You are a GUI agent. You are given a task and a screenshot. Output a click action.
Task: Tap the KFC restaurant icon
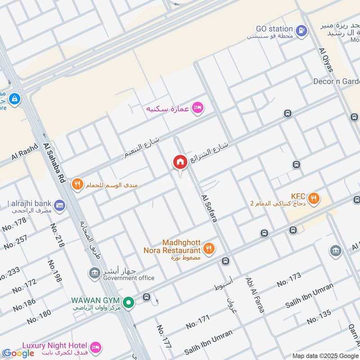pyautogui.click(x=314, y=198)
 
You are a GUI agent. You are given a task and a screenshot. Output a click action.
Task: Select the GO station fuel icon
pyautogui.click(x=302, y=31)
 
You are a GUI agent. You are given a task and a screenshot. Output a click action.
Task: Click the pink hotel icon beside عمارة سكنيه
pyautogui.click(x=197, y=108)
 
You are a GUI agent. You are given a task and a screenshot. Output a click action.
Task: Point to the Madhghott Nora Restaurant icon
pyautogui.click(x=208, y=248)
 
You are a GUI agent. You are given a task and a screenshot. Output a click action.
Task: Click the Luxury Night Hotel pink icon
pyautogui.click(x=95, y=347)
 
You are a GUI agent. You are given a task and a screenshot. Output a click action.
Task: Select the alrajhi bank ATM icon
pyautogui.click(x=61, y=206)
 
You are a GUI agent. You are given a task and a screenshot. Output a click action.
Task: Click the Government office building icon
pyautogui.click(x=94, y=273)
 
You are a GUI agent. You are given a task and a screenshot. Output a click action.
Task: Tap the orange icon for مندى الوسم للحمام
pyautogui.click(x=78, y=184)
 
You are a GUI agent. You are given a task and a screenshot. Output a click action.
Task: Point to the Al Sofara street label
pyautogui.click(x=210, y=208)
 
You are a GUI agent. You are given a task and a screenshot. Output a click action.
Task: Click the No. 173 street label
pyautogui.click(x=288, y=280)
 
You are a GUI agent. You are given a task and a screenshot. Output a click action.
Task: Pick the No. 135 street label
pyautogui.click(x=319, y=317)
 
